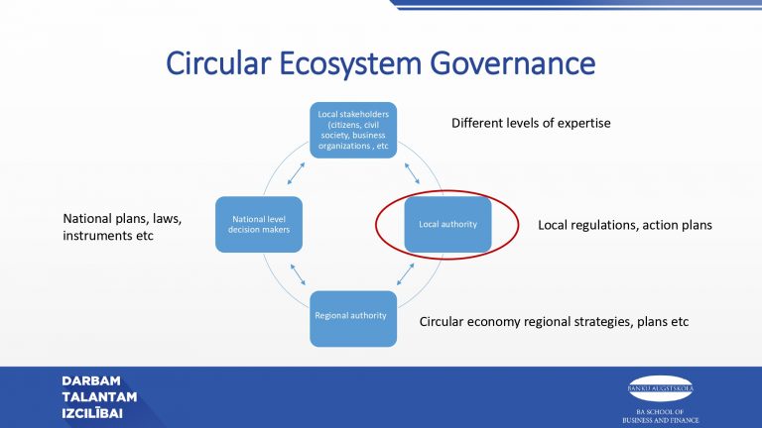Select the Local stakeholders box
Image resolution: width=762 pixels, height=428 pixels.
(x=354, y=130)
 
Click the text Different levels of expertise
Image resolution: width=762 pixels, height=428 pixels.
(x=531, y=123)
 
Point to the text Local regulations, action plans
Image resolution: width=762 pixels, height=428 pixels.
(x=625, y=225)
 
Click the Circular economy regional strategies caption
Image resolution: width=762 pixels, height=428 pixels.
(x=554, y=322)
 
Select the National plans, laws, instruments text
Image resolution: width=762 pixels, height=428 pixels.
(x=123, y=227)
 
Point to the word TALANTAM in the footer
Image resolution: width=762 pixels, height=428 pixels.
(x=99, y=397)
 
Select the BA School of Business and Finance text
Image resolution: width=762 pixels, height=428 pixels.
(x=661, y=415)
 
